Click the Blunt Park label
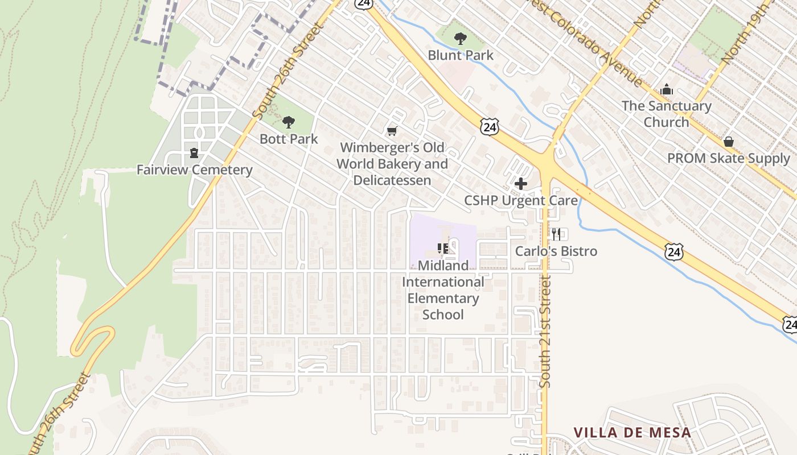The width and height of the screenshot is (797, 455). [x=461, y=55]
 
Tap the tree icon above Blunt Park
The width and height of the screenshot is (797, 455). [x=460, y=39]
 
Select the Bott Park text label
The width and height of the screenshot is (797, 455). [x=289, y=139]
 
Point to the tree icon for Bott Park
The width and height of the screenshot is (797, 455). [x=289, y=122]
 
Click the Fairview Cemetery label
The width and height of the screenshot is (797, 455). [x=194, y=170]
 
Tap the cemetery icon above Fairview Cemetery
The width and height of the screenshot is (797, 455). [x=194, y=153]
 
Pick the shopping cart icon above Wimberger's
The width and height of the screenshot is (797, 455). [x=392, y=131]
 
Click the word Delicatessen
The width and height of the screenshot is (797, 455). [x=392, y=180]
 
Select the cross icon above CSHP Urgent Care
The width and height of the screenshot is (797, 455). [x=520, y=184]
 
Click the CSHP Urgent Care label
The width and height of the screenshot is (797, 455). [x=520, y=201]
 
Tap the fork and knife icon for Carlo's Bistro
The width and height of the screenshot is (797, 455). [x=556, y=234]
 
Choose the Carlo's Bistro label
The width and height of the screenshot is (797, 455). [x=556, y=251]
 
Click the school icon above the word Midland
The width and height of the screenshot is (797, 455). [x=443, y=248]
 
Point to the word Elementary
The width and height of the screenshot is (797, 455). [x=443, y=298]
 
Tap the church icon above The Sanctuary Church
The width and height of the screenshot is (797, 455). [x=666, y=90]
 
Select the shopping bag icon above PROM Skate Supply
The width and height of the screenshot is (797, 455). [x=728, y=142]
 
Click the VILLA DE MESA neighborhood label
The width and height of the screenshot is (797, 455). [x=632, y=432]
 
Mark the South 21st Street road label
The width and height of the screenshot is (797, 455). [x=545, y=332]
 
